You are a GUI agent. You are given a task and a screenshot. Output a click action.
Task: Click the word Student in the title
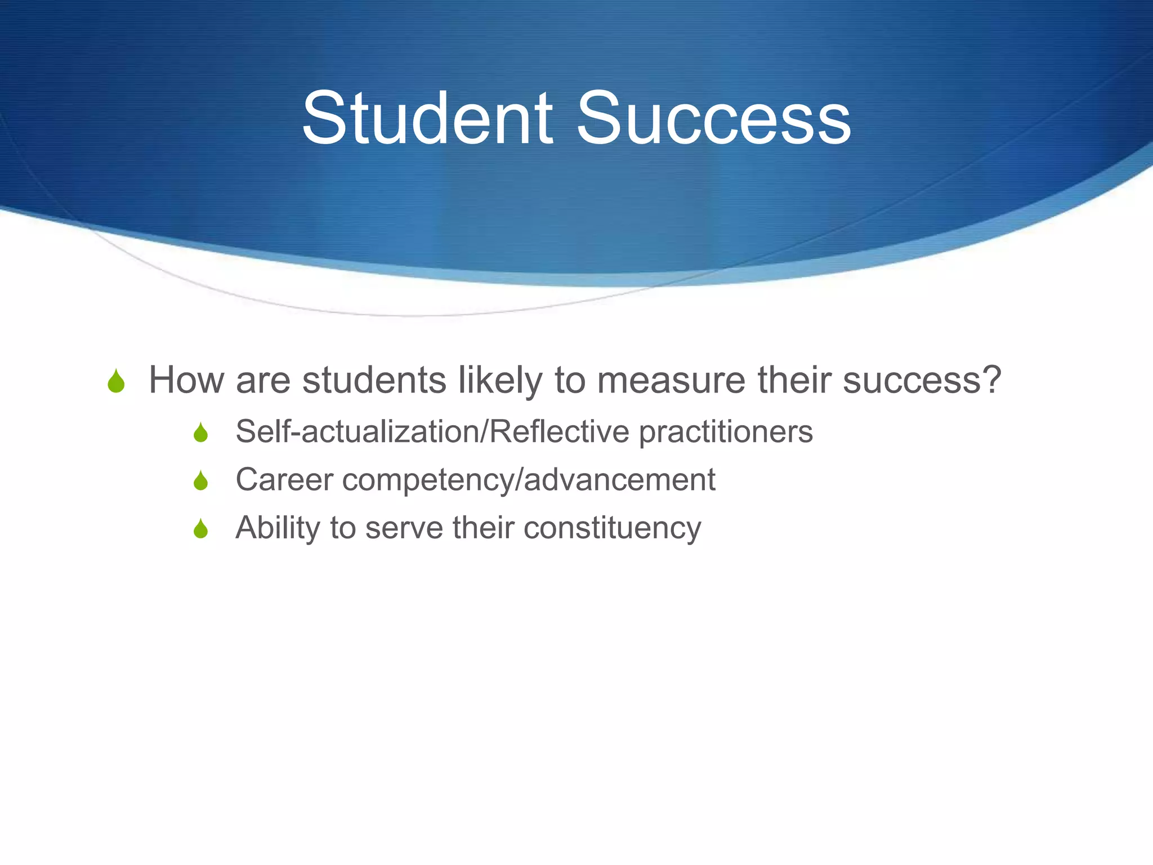(428, 119)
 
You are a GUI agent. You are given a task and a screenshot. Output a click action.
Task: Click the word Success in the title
(713, 119)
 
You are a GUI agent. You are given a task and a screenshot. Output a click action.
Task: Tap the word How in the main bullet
(186, 380)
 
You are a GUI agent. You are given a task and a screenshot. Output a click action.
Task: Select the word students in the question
(374, 380)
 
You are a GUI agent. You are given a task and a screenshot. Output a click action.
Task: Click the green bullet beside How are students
(116, 381)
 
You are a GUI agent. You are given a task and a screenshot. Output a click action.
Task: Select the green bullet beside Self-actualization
(200, 433)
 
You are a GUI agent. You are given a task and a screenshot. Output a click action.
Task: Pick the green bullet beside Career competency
(200, 481)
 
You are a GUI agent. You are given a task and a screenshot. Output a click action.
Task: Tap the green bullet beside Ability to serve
(200, 529)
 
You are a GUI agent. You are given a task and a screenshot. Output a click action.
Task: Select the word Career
(284, 480)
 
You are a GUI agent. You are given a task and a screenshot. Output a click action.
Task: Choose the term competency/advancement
(529, 480)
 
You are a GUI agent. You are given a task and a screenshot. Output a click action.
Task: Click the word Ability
(278, 529)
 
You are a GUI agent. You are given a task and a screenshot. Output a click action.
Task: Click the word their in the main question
(794, 380)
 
